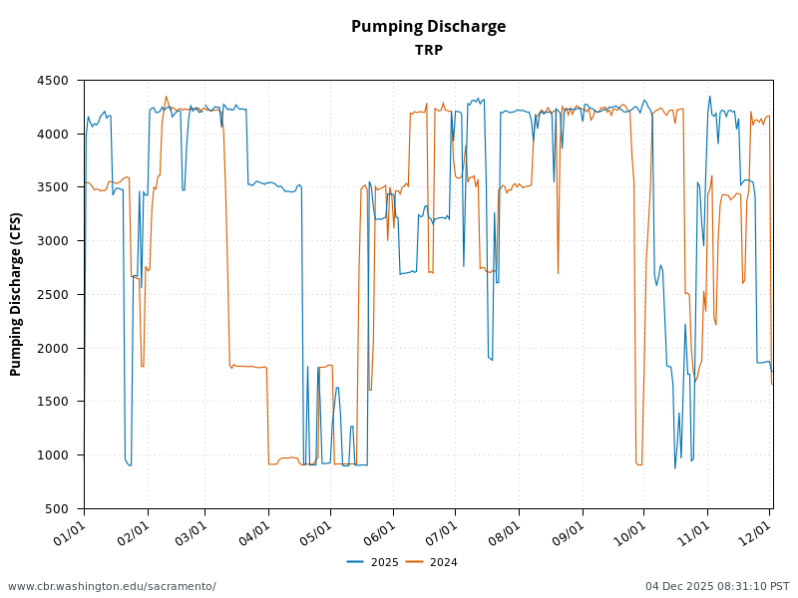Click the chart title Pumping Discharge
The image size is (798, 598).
click(428, 27)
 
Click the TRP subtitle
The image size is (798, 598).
click(428, 50)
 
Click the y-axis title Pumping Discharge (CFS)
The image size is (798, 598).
click(16, 294)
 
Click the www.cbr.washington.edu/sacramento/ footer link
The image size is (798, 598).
click(112, 586)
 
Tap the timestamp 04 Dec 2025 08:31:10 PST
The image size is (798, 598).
click(716, 586)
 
